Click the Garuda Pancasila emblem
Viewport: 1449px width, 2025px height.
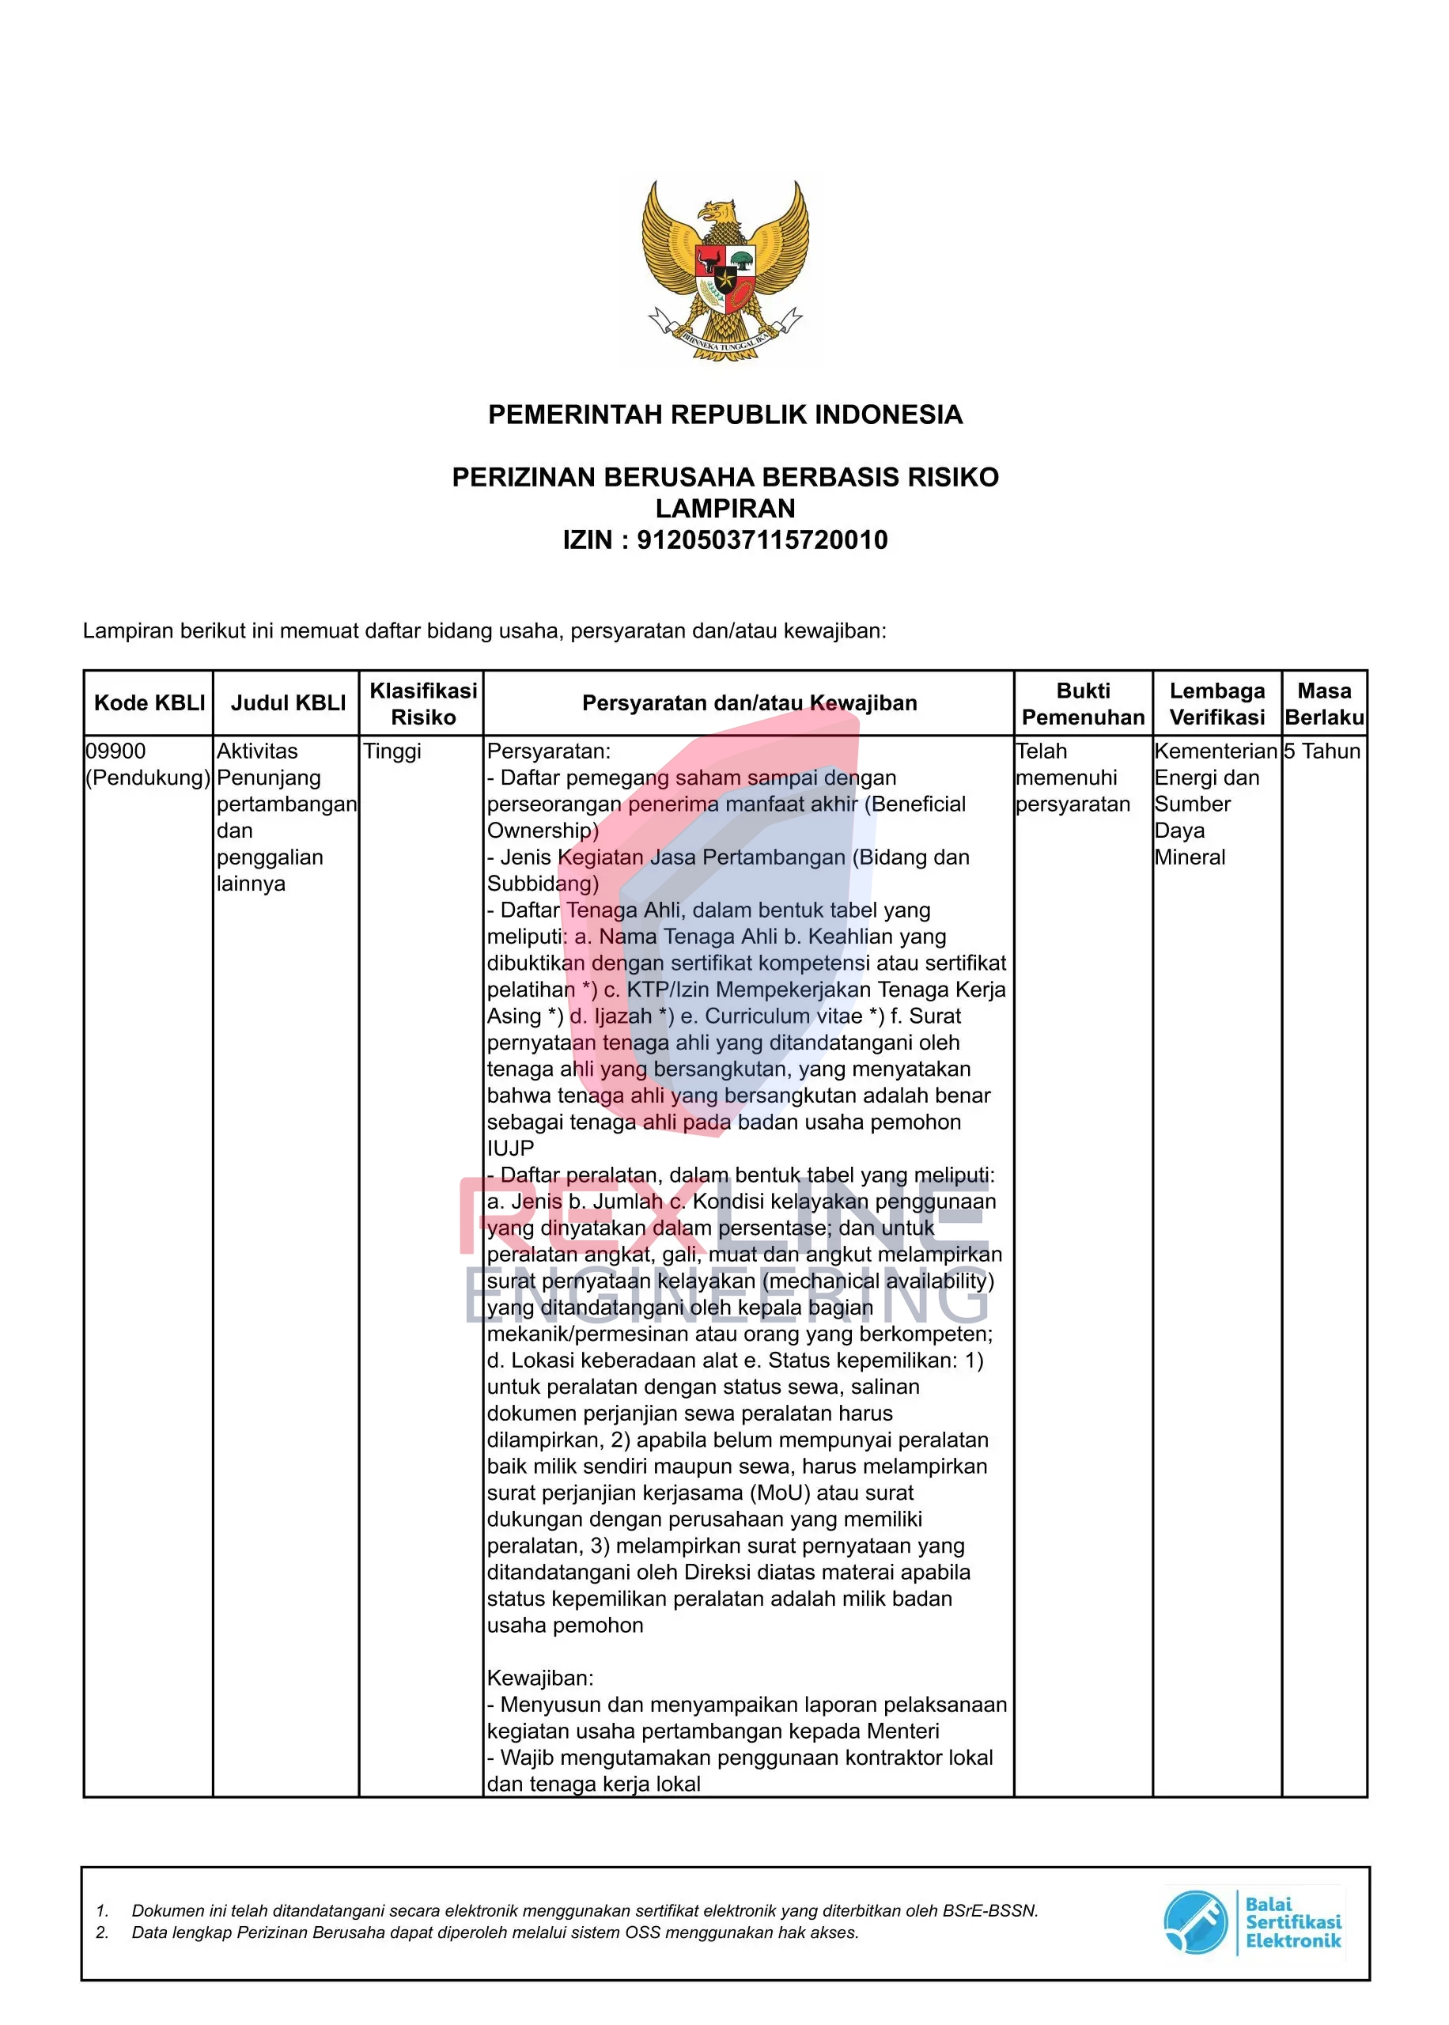pos(724,271)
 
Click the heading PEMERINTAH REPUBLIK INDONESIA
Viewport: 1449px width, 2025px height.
pos(724,414)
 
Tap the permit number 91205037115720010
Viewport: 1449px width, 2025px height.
pos(762,539)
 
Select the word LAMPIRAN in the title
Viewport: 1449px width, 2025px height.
pos(724,509)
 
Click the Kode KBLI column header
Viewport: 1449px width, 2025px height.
pos(149,703)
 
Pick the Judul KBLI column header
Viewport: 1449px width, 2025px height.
pos(287,703)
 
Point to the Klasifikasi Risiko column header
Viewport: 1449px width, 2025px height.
pos(423,704)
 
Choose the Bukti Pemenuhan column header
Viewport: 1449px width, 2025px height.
pos(1082,704)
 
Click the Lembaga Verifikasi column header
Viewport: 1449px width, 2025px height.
pos(1216,704)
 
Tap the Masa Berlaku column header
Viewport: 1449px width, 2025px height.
pos(1324,704)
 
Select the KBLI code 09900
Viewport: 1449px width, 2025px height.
pos(116,751)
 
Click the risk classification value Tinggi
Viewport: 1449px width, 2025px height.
pos(392,751)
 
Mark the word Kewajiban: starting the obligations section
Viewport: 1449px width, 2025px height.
pos(539,1678)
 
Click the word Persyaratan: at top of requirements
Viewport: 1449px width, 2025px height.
pos(549,751)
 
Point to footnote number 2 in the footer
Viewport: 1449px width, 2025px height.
pos(102,1932)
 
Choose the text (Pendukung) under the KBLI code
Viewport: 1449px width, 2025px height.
pos(148,778)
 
